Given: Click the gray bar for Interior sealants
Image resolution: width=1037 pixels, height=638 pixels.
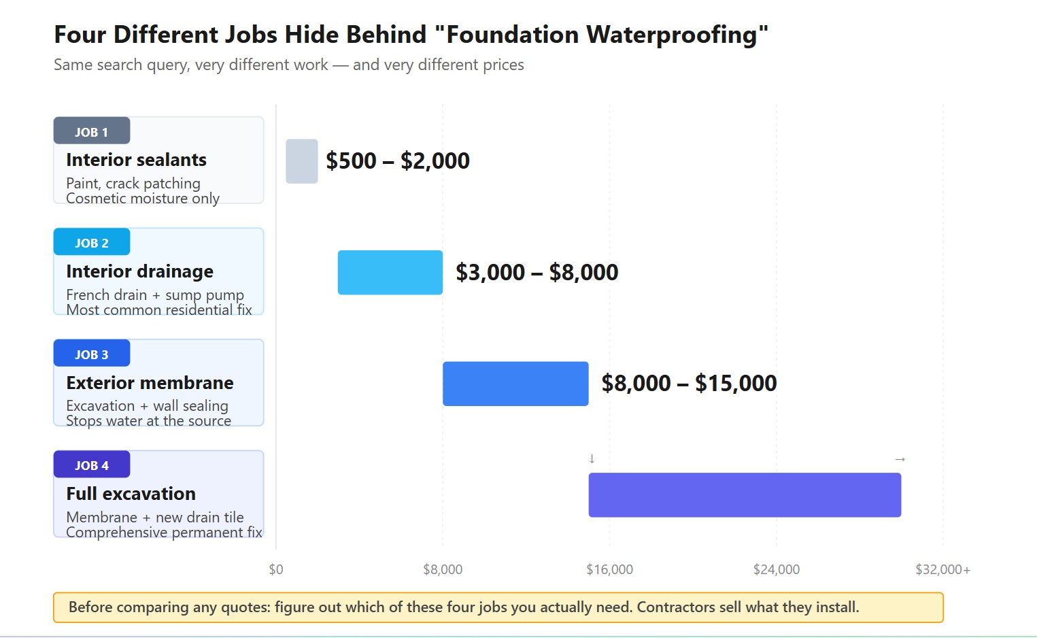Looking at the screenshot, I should coord(302,161).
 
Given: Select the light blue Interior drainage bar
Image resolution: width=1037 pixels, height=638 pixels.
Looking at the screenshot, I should coord(390,272).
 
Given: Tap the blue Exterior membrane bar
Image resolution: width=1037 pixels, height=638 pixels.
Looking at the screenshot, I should coord(515,384).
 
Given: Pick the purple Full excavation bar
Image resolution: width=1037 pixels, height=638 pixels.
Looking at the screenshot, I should coord(745,495).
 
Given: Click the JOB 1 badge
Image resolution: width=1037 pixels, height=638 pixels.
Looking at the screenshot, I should coord(92,131).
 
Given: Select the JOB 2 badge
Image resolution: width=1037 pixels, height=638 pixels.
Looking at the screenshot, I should coord(92,243).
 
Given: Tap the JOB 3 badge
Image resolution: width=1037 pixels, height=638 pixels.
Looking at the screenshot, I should coord(92,354).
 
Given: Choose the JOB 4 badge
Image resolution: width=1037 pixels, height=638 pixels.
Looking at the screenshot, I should coord(92,465).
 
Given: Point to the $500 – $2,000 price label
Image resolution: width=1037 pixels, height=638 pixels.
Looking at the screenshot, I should coord(398,161).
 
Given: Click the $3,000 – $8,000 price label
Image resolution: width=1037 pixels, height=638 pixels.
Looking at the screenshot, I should coord(537,273).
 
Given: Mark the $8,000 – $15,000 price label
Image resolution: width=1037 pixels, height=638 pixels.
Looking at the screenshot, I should coord(689,384).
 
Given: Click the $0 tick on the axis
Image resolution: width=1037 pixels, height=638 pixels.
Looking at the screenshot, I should coord(276,569).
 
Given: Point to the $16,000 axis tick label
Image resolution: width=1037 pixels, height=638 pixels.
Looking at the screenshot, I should coord(609,569).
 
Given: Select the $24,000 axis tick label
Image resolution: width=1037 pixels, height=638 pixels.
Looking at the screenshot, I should coord(776,569).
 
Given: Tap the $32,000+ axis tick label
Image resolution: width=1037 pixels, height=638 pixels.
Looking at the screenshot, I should coord(942,569).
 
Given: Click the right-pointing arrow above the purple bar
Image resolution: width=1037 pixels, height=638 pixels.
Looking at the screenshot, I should coord(900,459).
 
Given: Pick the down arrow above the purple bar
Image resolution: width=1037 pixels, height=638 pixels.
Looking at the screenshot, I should coord(592,459).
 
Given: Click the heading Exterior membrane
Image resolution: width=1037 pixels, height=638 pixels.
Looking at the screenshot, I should coord(150,383).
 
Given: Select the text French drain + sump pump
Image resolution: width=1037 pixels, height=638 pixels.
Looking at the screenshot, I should coord(155,295).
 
